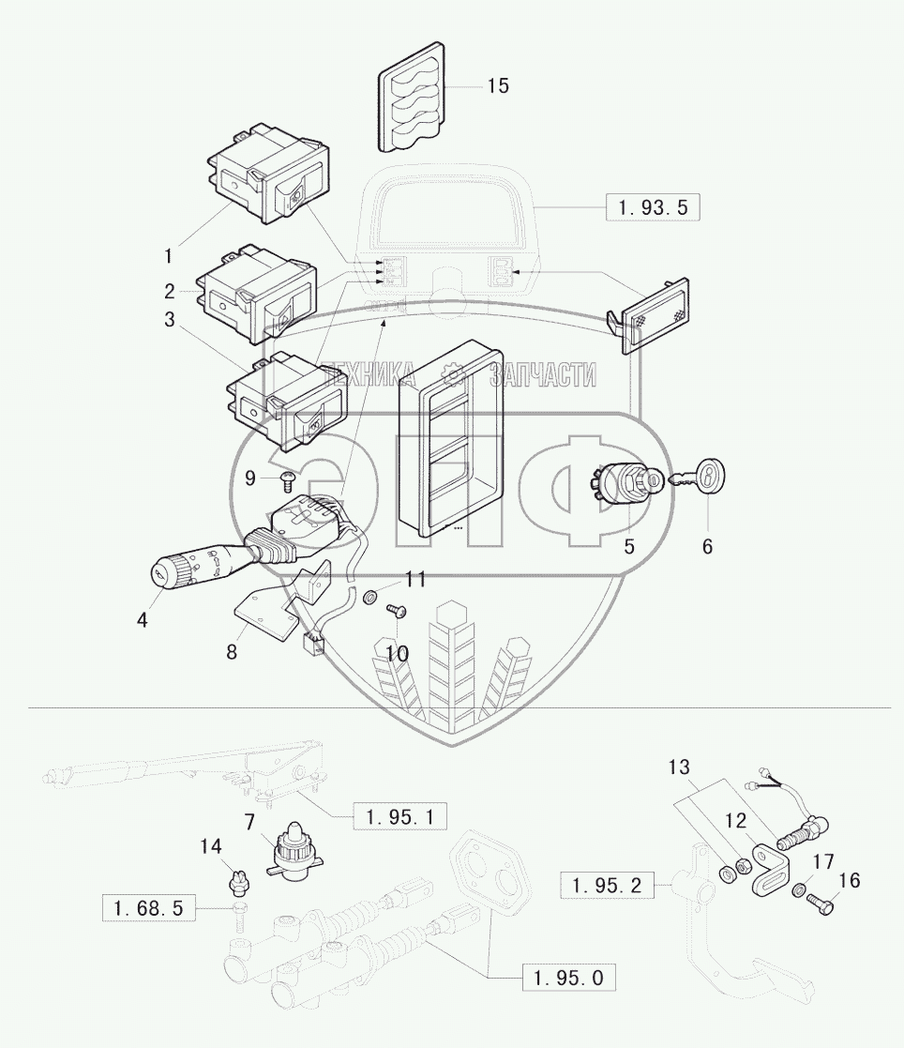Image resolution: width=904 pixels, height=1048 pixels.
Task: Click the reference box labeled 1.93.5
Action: tap(653, 207)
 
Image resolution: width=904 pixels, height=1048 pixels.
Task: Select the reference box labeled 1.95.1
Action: tap(399, 817)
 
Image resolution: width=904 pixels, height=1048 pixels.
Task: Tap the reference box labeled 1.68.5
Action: tap(149, 908)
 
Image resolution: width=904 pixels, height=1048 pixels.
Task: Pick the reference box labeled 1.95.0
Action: tap(568, 978)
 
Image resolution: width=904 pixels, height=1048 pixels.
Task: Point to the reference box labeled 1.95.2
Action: tap(607, 886)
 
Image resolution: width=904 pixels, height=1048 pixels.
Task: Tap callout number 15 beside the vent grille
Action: tap(497, 86)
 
